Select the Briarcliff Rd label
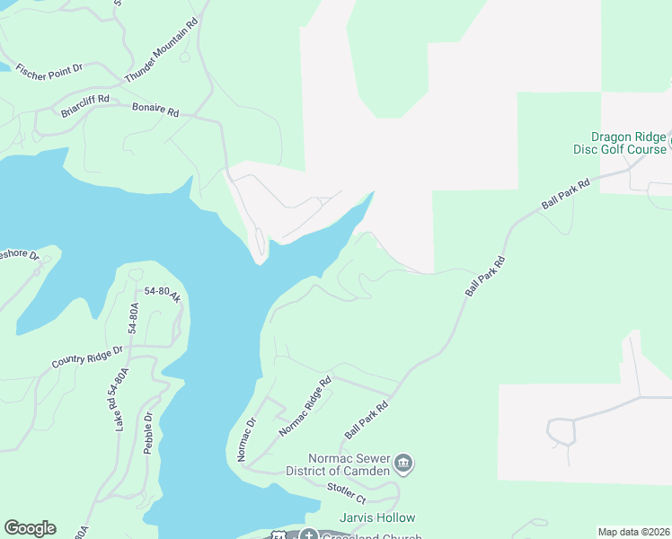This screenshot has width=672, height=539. pos(85,106)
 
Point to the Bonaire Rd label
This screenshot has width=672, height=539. pos(155,110)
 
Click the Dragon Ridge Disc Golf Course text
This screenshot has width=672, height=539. pos(620,144)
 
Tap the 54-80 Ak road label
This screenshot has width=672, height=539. pos(163,293)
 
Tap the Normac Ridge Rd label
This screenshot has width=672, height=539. pos(305,406)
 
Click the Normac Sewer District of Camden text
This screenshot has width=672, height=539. pos(338,464)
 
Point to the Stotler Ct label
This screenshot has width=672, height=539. pos(347,492)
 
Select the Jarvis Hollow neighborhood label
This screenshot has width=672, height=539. pos(377,517)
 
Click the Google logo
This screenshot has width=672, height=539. pos(30,528)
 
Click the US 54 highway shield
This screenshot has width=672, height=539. pos(279,535)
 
